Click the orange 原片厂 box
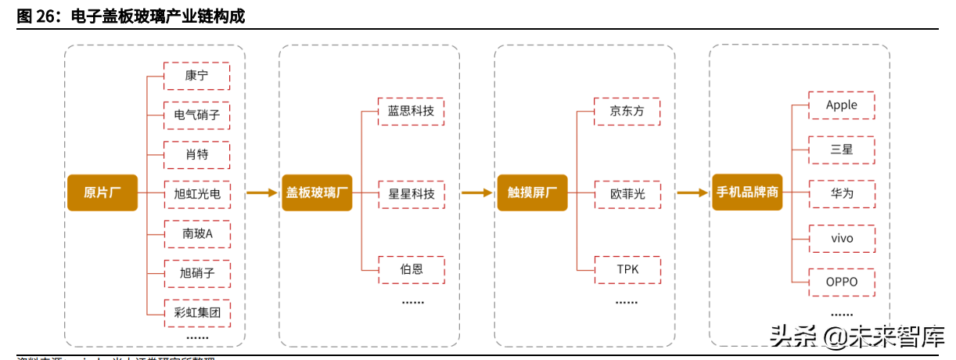click(102, 193)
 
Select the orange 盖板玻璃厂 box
click(317, 193)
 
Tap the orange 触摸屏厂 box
click(532, 193)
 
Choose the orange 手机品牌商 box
click(747, 193)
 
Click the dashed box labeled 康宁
click(196, 76)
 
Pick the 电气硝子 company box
click(196, 115)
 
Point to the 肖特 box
click(196, 154)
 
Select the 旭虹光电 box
click(196, 193)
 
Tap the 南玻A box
click(196, 233)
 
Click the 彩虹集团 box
click(196, 313)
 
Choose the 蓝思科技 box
click(411, 111)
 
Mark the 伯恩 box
click(411, 269)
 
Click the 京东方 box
click(627, 111)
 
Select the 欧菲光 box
click(627, 193)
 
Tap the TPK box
click(627, 269)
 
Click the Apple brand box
click(841, 105)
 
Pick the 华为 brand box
click(841, 193)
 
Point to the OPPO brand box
click(841, 282)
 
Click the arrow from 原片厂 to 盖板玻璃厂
click(261, 193)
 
